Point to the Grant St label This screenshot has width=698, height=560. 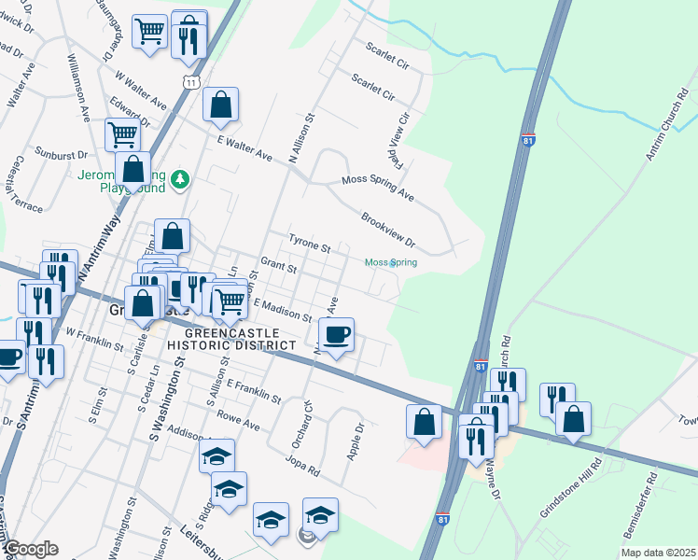coord(278,267)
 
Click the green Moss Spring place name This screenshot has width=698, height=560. coord(390,263)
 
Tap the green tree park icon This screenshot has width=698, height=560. coord(184,179)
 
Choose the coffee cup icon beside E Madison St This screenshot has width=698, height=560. coord(337,333)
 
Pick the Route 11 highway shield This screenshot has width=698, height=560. coord(190,82)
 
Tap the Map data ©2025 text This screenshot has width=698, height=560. coord(658,553)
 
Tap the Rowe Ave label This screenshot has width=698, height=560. coord(238,422)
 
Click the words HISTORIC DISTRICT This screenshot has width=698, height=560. coord(231,345)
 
